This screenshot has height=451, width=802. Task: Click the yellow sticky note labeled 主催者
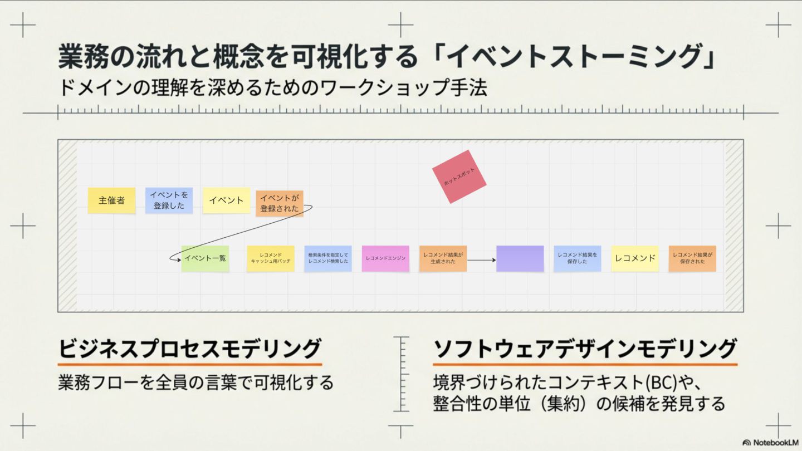pos(111,200)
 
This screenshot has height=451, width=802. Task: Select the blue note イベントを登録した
pos(169,200)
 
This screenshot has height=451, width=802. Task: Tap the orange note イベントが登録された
pos(280,203)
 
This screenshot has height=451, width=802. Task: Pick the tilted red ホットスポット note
pos(459,177)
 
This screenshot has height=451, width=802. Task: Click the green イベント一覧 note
pos(205,258)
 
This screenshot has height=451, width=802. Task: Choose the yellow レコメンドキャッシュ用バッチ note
pos(271,258)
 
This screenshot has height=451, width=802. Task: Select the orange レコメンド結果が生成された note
pos(443,258)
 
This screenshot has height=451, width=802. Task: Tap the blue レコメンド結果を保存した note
pos(577,258)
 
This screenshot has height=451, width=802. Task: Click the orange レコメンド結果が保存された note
pos(692,258)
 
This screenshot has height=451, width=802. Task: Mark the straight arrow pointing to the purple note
pos(481,259)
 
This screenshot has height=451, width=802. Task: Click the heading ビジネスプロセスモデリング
pos(190,349)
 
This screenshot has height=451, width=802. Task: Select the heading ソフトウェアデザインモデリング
pos(585,349)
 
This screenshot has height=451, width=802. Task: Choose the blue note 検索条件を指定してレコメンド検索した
pos(328,258)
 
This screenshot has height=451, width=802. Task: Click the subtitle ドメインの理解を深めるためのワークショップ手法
pos(272,88)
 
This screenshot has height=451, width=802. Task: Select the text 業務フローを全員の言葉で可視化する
pos(195,383)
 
